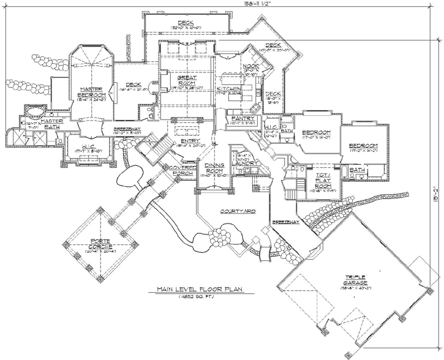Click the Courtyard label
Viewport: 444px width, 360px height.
tap(220, 211)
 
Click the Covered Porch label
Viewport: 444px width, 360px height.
tap(182, 170)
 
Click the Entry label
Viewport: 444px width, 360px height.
tap(187, 140)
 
